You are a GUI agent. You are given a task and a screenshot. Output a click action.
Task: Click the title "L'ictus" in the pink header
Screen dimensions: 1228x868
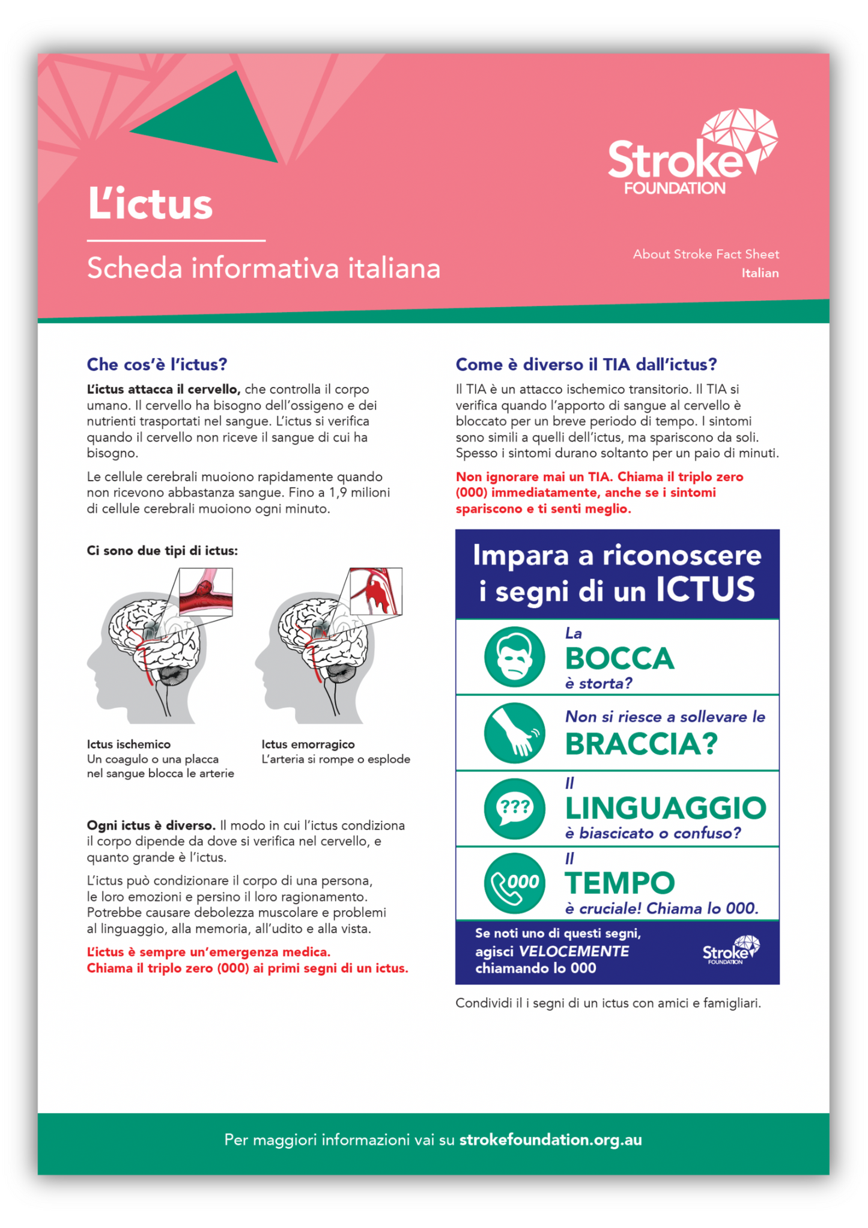150,204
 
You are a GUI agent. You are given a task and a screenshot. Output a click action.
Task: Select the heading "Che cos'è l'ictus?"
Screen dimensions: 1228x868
157,364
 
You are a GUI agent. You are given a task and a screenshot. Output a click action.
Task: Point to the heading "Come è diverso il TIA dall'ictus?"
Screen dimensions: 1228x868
586,364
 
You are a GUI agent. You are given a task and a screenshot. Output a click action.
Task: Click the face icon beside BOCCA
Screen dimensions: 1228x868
514,657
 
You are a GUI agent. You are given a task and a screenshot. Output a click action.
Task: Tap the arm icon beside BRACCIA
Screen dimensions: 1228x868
514,732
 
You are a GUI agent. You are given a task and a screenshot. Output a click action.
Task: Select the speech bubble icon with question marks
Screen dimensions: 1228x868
514,808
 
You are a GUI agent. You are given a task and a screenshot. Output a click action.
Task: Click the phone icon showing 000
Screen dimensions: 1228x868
514,883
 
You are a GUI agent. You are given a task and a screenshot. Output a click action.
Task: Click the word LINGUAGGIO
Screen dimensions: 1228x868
666,808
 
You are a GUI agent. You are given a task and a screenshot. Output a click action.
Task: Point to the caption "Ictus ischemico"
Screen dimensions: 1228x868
129,744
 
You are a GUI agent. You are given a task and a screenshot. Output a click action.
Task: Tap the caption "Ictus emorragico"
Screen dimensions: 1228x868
308,744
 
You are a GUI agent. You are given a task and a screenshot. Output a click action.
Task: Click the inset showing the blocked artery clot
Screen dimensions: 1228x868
205,592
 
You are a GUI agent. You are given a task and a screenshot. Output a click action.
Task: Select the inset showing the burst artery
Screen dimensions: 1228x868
375,591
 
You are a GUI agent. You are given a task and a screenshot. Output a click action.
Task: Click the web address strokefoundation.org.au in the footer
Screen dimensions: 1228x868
550,1140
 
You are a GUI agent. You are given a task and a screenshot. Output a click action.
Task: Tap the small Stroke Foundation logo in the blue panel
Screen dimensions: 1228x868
730,950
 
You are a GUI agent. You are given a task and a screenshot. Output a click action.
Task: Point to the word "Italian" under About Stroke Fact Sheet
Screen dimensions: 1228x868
759,273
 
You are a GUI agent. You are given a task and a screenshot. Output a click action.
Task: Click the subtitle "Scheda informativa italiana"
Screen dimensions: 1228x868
264,268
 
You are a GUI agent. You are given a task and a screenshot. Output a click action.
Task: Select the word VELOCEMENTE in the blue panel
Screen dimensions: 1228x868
573,951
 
